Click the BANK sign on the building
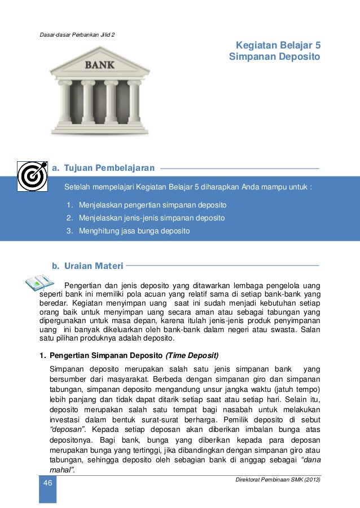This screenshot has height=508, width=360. [100, 64]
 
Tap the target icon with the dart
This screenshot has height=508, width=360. [32, 176]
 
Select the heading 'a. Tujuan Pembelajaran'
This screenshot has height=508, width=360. [103, 168]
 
